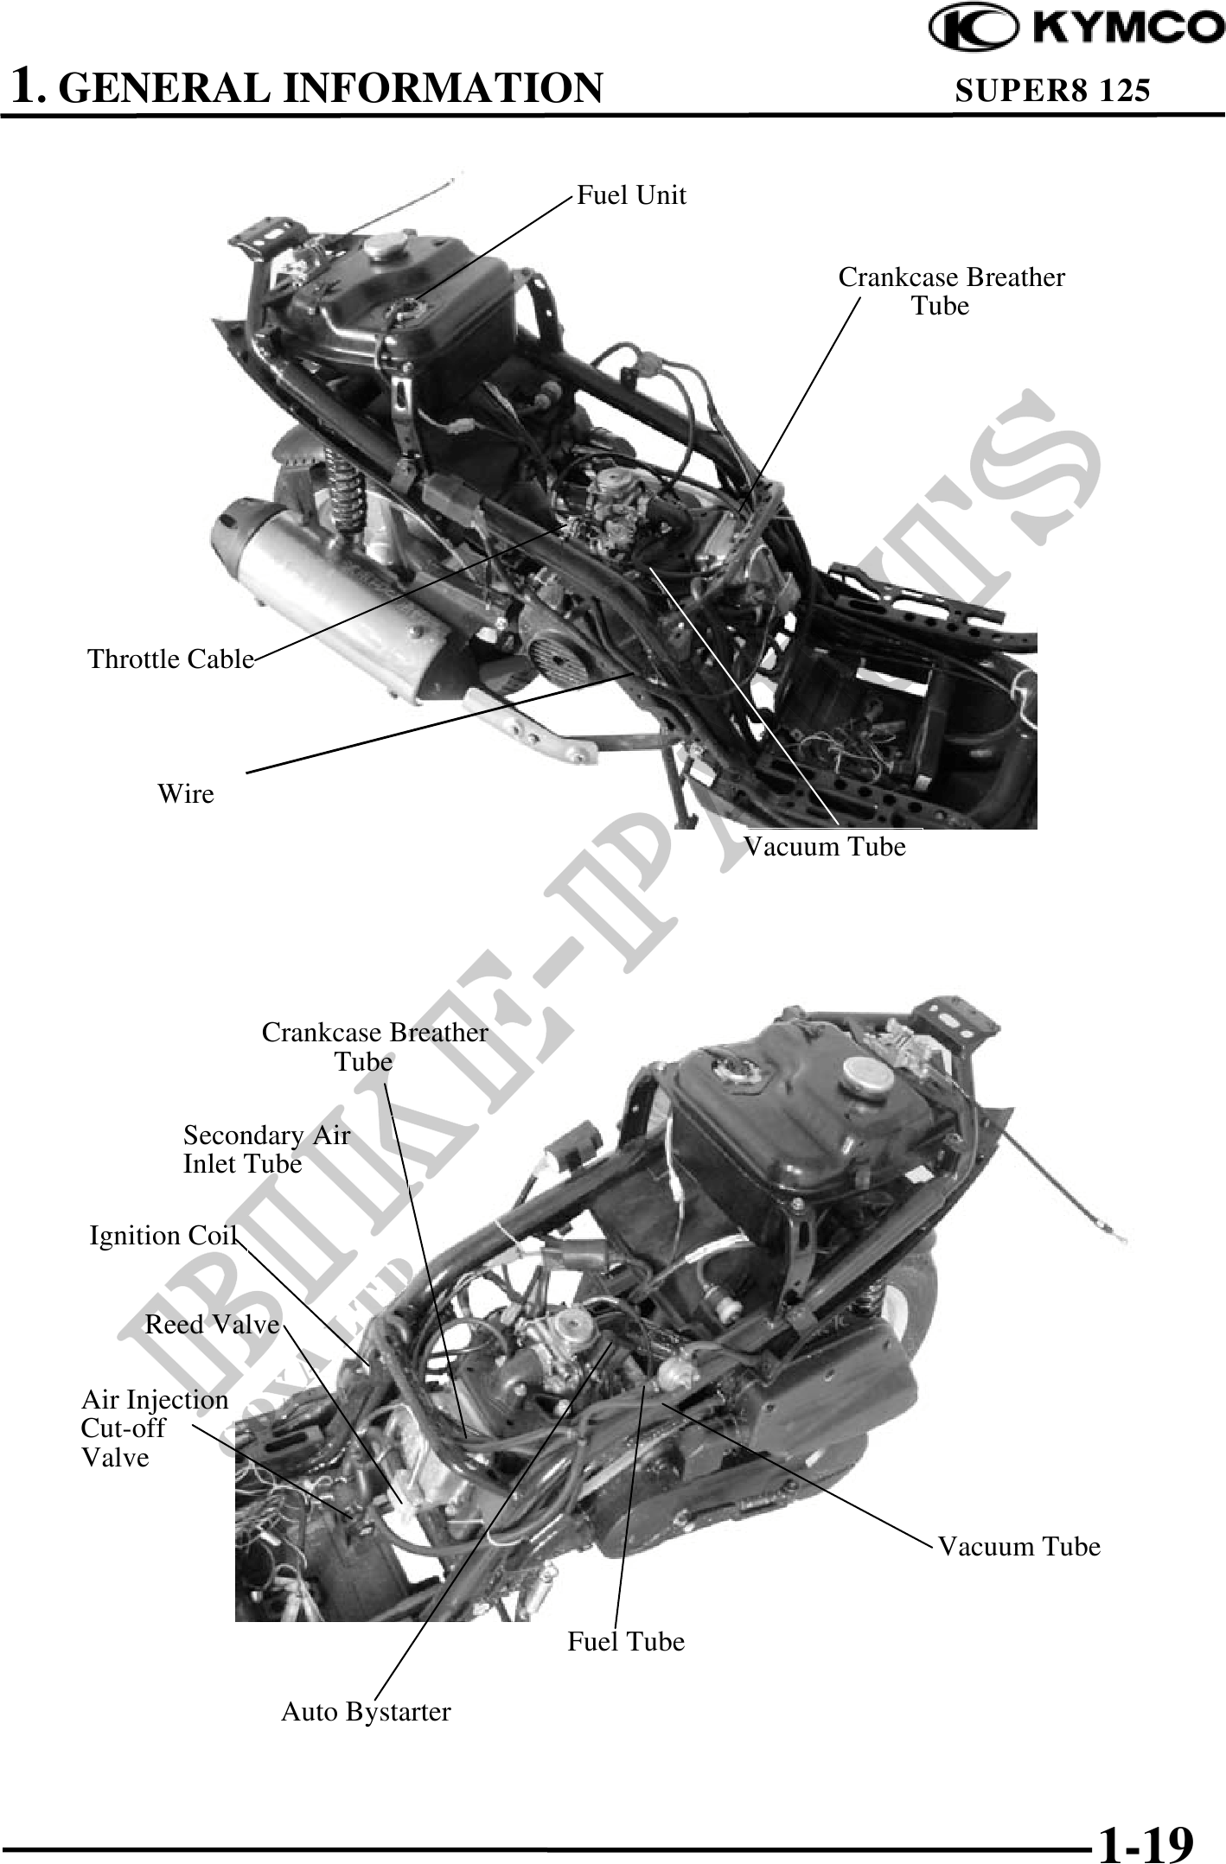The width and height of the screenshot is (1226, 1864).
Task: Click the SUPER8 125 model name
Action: click(1052, 89)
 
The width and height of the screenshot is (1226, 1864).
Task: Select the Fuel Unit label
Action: click(631, 195)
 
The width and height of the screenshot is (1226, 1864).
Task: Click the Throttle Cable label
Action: click(171, 659)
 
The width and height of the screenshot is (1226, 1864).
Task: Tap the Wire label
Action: click(186, 793)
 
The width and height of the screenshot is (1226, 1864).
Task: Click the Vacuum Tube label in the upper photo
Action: click(826, 846)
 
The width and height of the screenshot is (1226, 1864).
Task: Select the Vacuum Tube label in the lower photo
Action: click(1020, 1546)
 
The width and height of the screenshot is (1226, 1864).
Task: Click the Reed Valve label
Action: click(213, 1324)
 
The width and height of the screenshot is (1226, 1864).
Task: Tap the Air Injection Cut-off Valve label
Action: click(155, 1428)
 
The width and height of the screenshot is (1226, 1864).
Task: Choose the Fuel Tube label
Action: click(626, 1641)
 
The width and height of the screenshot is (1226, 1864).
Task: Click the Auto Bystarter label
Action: click(366, 1712)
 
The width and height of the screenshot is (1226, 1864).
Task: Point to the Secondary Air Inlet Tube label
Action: click(266, 1149)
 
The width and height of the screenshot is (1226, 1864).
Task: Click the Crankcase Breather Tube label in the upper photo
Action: click(951, 291)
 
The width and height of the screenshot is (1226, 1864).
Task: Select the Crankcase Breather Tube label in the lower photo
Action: click(374, 1047)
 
